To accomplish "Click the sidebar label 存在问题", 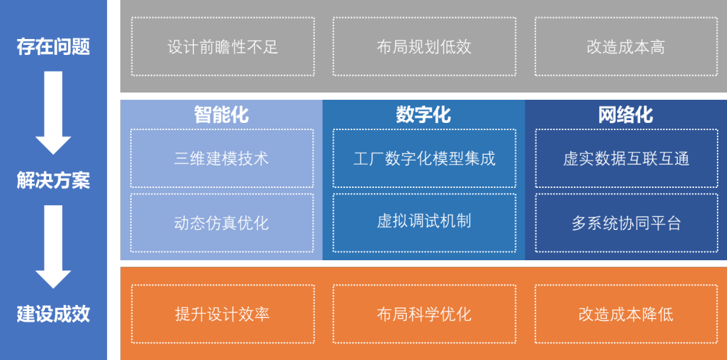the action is [x=53, y=47].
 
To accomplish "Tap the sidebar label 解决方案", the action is [x=53, y=181].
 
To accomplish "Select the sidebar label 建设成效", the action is [x=53, y=314].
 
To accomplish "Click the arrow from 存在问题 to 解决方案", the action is [x=53, y=113].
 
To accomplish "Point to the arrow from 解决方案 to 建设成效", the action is [x=53, y=247].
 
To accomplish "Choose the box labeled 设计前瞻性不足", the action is [x=223, y=46].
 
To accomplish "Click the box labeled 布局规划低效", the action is [x=424, y=46].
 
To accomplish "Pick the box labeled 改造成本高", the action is [x=626, y=46].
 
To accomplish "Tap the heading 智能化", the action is [x=222, y=115].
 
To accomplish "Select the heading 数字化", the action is [x=423, y=115].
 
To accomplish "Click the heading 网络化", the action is [x=626, y=115].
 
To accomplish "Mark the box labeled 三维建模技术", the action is [x=222, y=158].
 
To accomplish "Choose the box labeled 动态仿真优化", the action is [x=222, y=223].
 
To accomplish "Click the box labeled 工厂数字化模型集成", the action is [x=424, y=158].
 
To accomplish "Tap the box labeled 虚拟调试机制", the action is [x=424, y=223].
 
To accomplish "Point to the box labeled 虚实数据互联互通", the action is [x=627, y=158].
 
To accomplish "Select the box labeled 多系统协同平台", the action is [x=627, y=223].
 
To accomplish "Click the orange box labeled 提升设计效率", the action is [x=223, y=314].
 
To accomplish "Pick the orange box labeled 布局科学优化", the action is [x=424, y=314].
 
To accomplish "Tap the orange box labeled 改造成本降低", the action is [x=626, y=314].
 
